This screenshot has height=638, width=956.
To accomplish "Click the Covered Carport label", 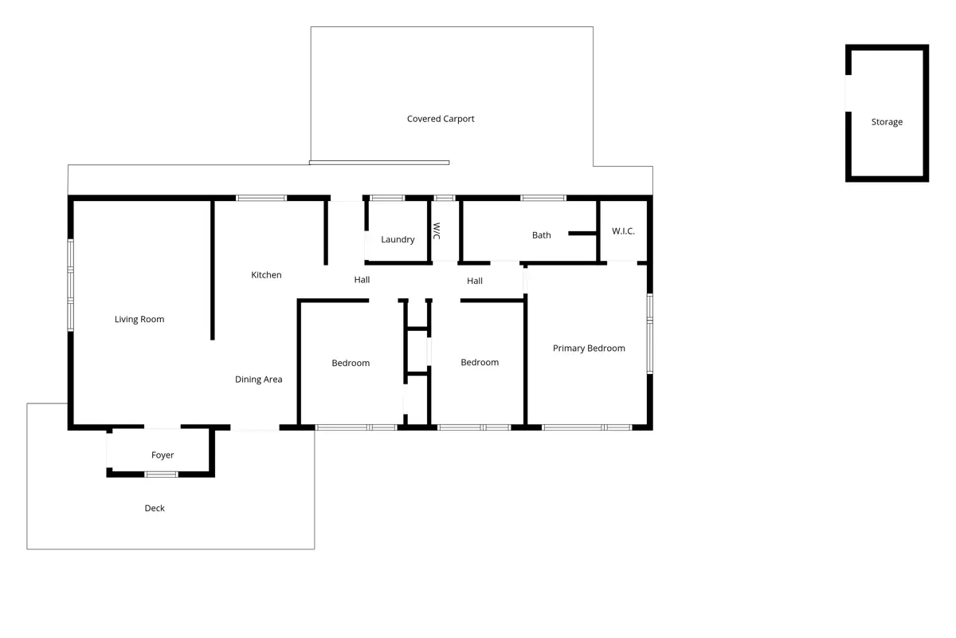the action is click(441, 119).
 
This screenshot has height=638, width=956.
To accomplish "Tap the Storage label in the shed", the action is click(887, 122).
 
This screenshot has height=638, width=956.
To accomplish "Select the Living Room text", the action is click(139, 319).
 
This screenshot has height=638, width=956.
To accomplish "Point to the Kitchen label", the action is click(266, 275).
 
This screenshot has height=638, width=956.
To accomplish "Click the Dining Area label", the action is click(259, 380).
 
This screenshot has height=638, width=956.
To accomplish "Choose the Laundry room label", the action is click(398, 239).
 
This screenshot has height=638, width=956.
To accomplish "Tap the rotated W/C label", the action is click(437, 230).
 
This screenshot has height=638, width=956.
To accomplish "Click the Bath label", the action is click(542, 235).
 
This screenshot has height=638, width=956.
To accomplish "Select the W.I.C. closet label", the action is click(623, 231).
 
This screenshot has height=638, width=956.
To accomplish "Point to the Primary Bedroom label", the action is click(589, 349).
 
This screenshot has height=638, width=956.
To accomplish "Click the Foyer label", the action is click(163, 455).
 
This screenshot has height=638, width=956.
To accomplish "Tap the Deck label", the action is click(155, 508).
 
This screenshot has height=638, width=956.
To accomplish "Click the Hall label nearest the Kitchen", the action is click(362, 280).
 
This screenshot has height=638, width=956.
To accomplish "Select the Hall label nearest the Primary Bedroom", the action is click(475, 281).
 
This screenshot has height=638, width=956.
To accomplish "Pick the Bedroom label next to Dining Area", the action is click(351, 363).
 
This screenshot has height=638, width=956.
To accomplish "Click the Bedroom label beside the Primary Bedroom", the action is click(480, 362).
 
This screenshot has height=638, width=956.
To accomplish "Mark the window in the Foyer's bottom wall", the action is click(161, 475).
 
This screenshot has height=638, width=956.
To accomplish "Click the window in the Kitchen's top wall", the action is click(261, 198).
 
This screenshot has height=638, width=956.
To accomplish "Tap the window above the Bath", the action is click(543, 198).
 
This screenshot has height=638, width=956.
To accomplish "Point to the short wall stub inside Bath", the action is click(582, 234).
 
